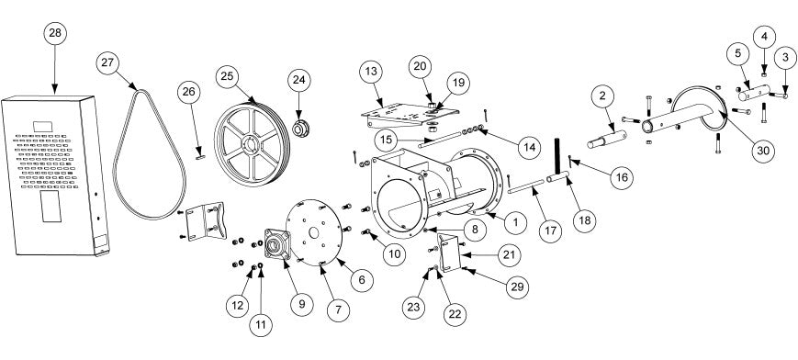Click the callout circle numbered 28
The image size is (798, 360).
click(55, 34)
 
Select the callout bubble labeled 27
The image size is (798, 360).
click(107, 63)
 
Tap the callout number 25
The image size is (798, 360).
click(227, 77)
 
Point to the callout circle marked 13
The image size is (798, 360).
click(371, 72)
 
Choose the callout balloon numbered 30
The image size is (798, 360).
click(764, 151)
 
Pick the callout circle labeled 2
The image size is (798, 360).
click(602, 96)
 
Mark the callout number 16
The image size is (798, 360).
click(622, 178)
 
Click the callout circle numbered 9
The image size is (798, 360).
click(302, 304)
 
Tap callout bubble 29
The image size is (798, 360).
click(517, 287)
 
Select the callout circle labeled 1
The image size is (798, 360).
click(515, 222)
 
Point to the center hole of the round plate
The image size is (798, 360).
click(313, 232)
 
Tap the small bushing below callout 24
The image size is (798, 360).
click(298, 128)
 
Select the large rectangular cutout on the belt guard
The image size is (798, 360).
click(51, 207)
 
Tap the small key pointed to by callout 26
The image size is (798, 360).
click(200, 158)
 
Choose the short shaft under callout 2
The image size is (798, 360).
click(607, 139)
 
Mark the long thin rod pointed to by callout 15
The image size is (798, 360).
click(439, 140)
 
